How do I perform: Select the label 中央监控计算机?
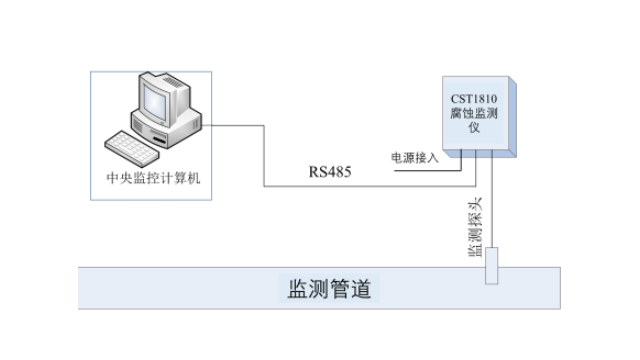pyautogui.click(x=153, y=179)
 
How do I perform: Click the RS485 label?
pyautogui.click(x=331, y=173)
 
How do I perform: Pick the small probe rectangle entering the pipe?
pyautogui.click(x=491, y=267)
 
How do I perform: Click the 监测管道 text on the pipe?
pyautogui.click(x=330, y=290)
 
